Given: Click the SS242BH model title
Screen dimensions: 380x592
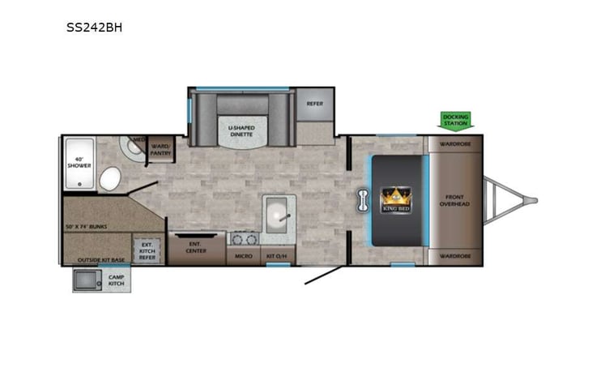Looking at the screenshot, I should (95, 27).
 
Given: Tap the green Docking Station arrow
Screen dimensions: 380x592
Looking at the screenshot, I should (454, 120).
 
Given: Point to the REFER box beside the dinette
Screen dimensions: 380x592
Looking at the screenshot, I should (314, 104).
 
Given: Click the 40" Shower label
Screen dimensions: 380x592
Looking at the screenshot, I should (79, 163).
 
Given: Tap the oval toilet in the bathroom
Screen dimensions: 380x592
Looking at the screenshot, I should (110, 177).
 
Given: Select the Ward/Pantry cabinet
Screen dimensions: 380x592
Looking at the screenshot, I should (160, 149).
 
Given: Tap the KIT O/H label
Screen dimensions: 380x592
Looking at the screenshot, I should (275, 256).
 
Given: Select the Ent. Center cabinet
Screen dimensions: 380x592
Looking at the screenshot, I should (197, 247).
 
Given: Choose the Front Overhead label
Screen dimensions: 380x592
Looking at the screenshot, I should (454, 200).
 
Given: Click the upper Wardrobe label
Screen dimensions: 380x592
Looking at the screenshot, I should (455, 144).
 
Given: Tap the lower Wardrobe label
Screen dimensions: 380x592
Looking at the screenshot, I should (455, 256).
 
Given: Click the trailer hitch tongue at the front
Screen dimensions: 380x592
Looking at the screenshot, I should (510, 200).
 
